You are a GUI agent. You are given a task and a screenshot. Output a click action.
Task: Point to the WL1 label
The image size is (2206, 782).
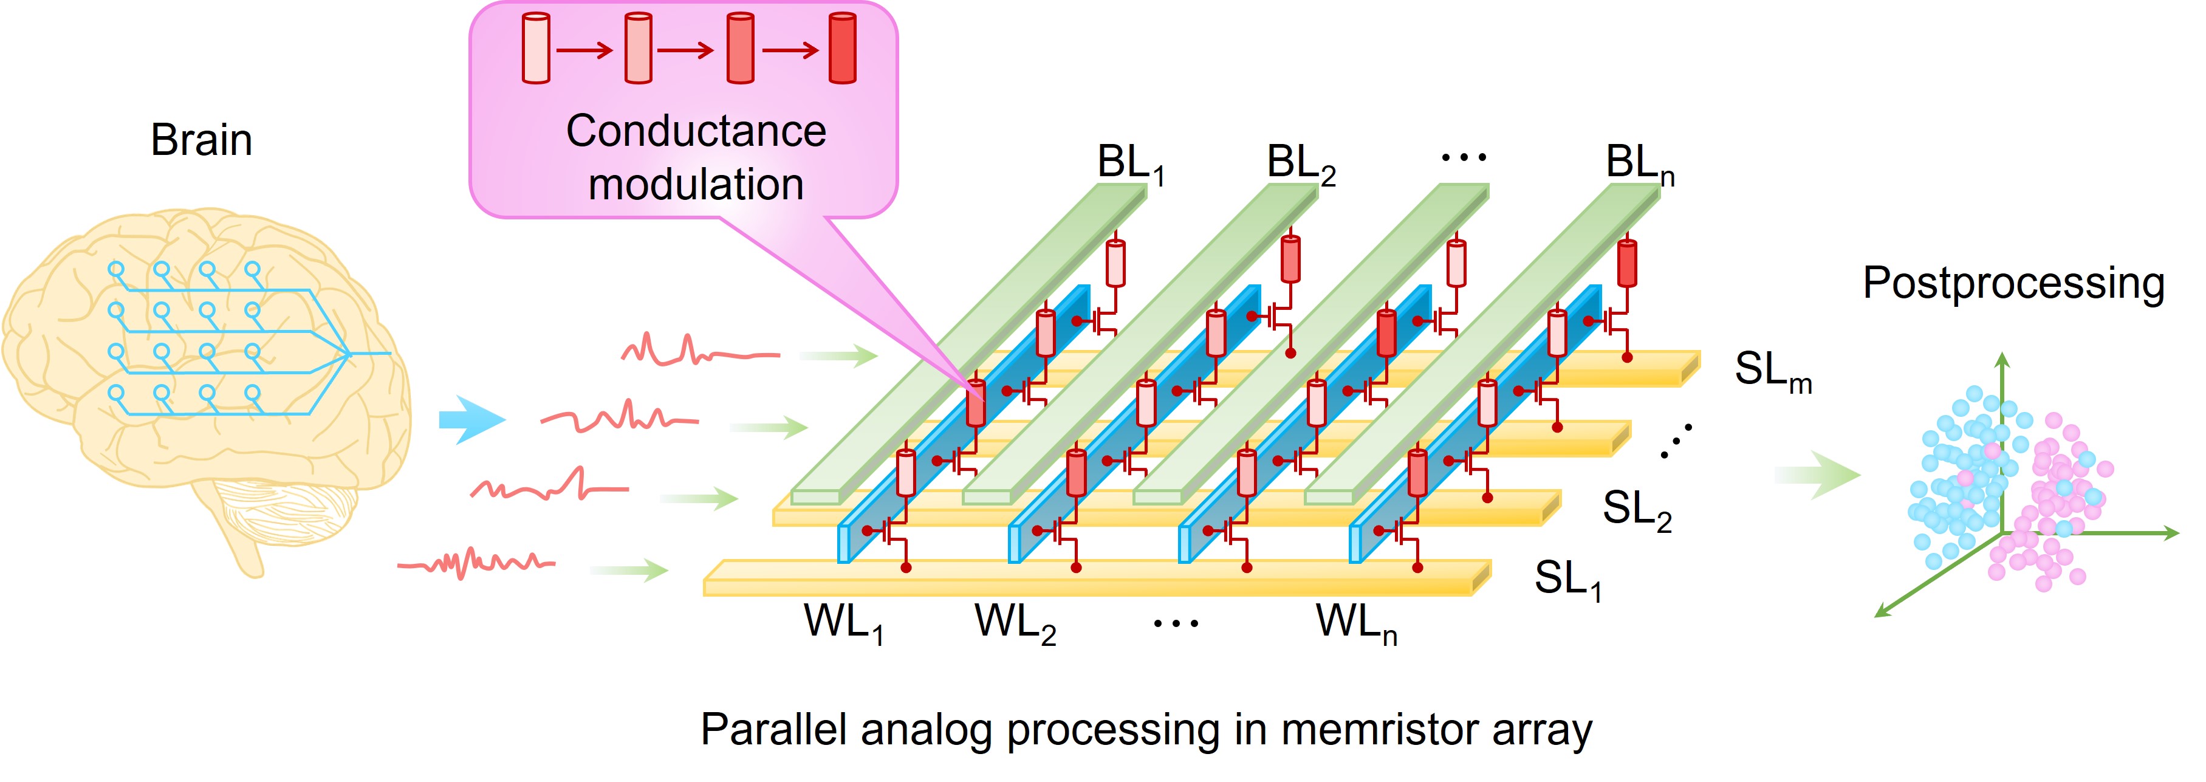click(843, 623)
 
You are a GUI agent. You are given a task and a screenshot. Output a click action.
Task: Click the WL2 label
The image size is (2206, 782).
click(1014, 623)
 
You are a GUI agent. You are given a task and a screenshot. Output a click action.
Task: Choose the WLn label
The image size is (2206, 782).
click(1355, 623)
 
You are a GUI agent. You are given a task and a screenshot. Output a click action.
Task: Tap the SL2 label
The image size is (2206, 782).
click(1636, 510)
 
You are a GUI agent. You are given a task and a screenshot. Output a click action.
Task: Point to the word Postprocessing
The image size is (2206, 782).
click(2013, 284)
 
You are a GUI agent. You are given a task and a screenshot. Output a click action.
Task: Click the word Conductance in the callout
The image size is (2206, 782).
click(696, 132)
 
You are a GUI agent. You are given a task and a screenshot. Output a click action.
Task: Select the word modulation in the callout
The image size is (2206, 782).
click(696, 185)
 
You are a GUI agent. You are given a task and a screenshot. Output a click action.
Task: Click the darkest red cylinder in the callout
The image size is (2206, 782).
click(842, 48)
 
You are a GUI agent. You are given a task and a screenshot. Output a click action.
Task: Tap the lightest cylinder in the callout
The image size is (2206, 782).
click(535, 48)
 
